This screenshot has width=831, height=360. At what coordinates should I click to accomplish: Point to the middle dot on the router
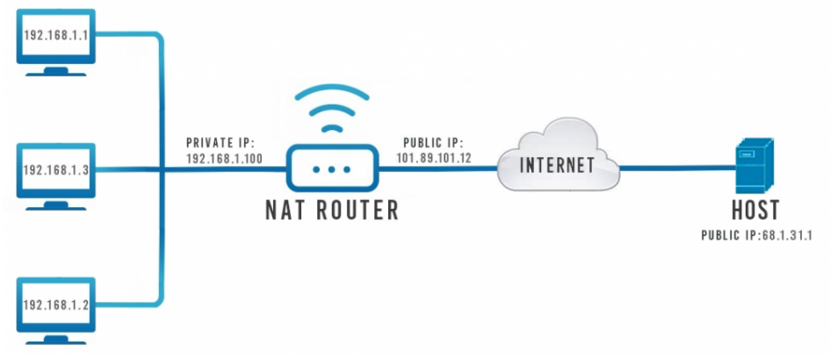coord(331,168)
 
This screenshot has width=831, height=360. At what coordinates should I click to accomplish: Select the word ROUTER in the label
coord(357,211)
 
